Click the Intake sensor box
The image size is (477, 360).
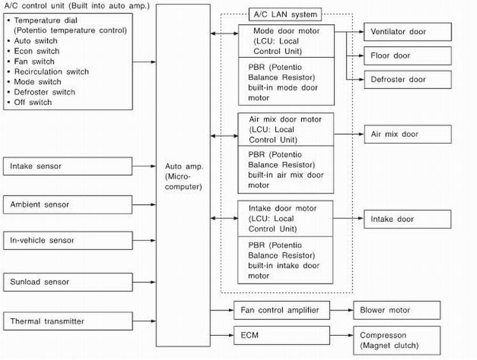68,167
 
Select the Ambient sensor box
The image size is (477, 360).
68,205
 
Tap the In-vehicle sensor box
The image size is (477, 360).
68,240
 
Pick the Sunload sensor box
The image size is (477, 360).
68,282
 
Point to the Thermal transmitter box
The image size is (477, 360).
68,321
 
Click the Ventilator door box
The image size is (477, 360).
407,32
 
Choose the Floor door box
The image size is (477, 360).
407,56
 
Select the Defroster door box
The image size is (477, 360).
407,80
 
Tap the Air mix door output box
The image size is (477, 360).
407,134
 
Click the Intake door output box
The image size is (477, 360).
407,219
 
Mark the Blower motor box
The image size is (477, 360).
396,310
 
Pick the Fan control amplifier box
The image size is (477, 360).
282,310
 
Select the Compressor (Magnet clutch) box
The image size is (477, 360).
396,340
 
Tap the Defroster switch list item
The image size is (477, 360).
45,92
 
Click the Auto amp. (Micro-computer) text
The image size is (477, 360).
183,176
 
